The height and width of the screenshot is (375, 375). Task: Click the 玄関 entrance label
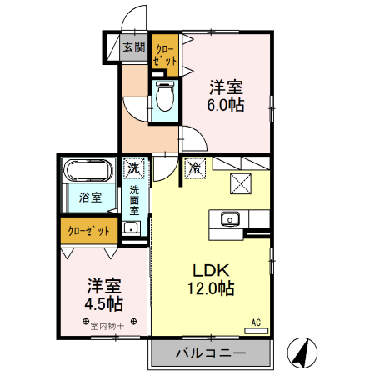tap(134, 47)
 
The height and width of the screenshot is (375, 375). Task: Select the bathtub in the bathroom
tap(87, 172)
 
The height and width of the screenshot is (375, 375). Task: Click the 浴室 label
tap(90, 197)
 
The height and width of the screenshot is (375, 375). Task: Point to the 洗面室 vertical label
tap(134, 200)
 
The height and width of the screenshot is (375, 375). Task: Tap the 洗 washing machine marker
tap(133, 168)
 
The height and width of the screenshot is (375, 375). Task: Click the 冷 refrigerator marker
tap(195, 168)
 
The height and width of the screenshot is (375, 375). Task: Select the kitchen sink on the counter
tap(230, 219)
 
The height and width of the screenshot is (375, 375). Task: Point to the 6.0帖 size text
tap(226, 105)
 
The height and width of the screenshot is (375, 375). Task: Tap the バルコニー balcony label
tap(210, 353)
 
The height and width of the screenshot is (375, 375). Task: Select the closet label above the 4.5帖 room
tap(87, 231)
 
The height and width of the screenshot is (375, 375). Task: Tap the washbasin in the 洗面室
tap(130, 228)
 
